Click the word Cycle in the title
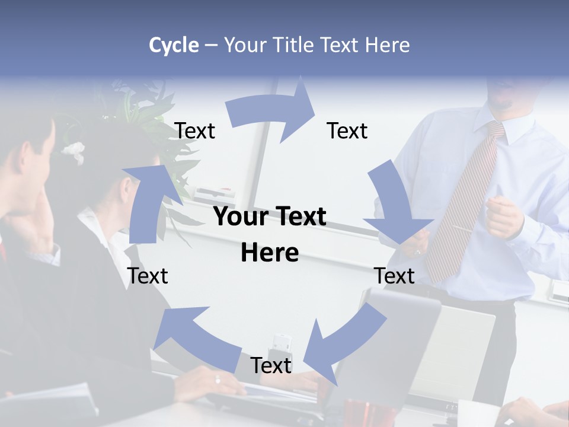pyautogui.click(x=174, y=45)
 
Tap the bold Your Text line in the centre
pyautogui.click(x=270, y=217)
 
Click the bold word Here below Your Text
pyautogui.click(x=270, y=253)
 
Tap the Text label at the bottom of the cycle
pyautogui.click(x=271, y=365)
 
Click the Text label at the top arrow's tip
pyautogui.click(x=347, y=130)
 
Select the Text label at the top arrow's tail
pyautogui.click(x=195, y=130)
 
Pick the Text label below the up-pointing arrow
pyautogui.click(x=148, y=276)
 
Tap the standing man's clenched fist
pyautogui.click(x=504, y=216)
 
